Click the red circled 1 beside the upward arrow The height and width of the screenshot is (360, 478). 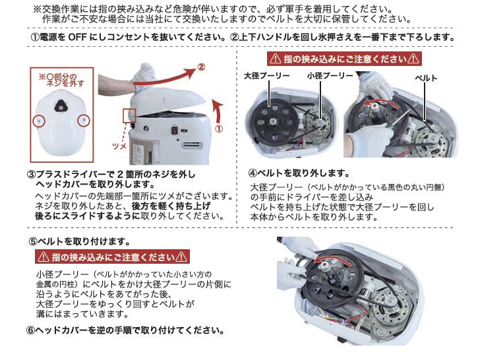click(x=219, y=129)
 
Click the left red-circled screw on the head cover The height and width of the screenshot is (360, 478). click(x=40, y=121)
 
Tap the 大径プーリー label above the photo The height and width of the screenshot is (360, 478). click(x=266, y=76)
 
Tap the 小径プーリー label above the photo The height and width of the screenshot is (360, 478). click(x=315, y=76)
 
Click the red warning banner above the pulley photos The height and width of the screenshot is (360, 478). click(x=343, y=59)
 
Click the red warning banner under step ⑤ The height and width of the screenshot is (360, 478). click(x=111, y=257)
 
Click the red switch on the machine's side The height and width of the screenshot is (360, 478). click(x=176, y=130)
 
